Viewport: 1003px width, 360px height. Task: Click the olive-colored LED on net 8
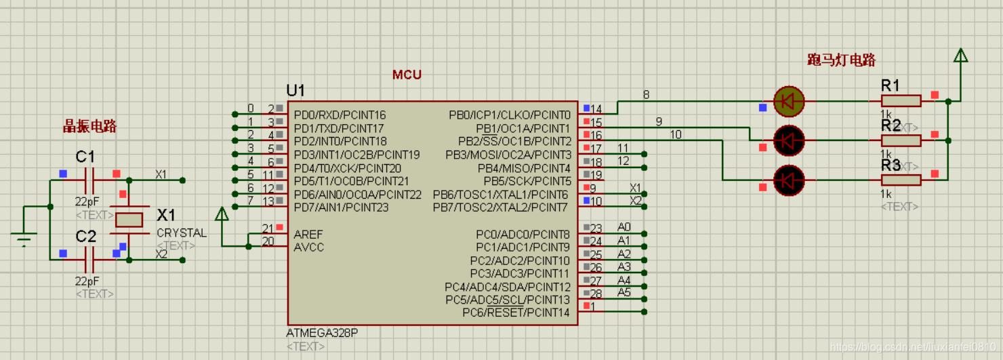click(x=788, y=101)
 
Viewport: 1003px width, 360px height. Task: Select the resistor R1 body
click(x=901, y=101)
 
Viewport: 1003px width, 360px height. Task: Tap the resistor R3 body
click(x=901, y=180)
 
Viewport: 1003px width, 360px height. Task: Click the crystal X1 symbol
click(x=129, y=219)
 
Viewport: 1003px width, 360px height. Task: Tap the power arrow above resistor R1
click(x=960, y=56)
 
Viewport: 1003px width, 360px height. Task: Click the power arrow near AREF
click(x=222, y=215)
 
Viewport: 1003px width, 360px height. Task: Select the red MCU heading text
click(x=407, y=75)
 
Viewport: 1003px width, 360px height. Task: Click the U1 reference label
click(x=296, y=91)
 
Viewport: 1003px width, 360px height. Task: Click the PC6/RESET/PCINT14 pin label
click(x=516, y=313)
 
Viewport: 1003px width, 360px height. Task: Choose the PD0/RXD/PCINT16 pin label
click(x=340, y=115)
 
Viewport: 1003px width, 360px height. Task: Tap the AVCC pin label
click(x=309, y=247)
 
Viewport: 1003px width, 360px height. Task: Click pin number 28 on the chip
click(x=596, y=294)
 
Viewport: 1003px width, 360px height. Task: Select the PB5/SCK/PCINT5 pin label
click(x=527, y=181)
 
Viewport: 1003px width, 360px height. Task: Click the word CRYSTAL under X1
click(x=182, y=233)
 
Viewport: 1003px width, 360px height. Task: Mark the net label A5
click(x=624, y=293)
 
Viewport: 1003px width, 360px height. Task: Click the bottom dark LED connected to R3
click(x=788, y=180)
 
